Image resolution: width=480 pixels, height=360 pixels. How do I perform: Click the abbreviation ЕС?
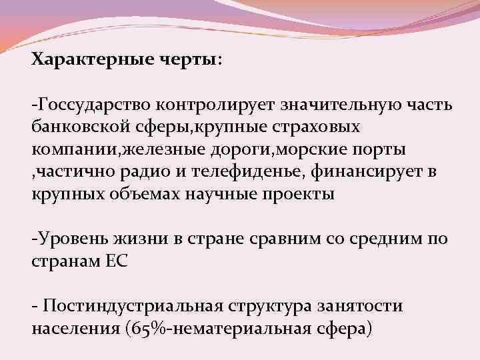pos(117,260)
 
